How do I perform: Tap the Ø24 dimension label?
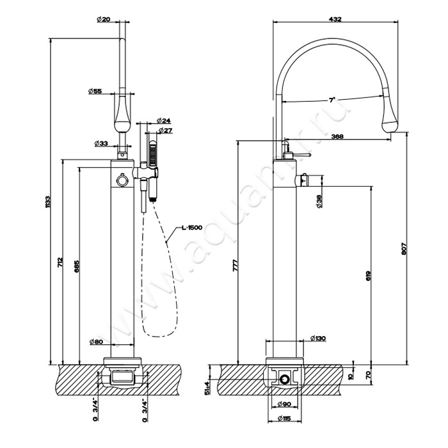pos(163,120)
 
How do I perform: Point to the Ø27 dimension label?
pos(166,131)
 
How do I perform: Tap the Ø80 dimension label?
pos(95,342)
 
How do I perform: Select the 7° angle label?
pos(332,100)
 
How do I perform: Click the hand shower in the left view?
pos(153,153)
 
